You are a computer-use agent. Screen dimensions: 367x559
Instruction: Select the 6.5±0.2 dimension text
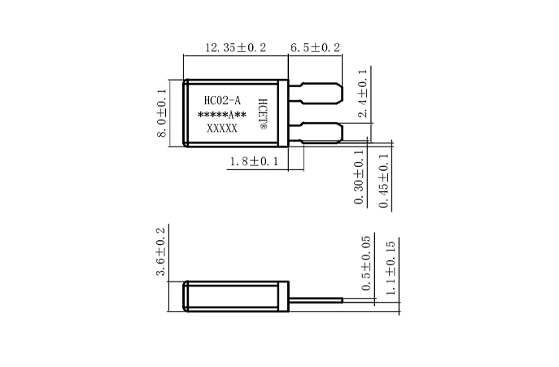(x=316, y=48)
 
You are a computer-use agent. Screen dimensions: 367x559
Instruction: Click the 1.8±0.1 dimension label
(x=254, y=162)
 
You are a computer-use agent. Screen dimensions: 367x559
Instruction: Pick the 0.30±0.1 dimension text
(x=360, y=177)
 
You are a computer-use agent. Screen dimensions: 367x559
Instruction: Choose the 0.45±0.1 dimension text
(x=384, y=177)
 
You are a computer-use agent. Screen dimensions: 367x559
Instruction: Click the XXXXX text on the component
(x=222, y=129)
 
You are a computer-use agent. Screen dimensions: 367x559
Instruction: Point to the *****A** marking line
(x=222, y=116)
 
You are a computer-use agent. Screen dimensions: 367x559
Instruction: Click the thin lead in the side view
(x=317, y=300)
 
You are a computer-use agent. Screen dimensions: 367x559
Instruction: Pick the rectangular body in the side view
(x=233, y=295)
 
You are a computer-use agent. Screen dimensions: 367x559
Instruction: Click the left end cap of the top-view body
(x=187, y=113)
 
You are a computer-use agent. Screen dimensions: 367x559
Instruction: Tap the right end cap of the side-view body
(x=284, y=295)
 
